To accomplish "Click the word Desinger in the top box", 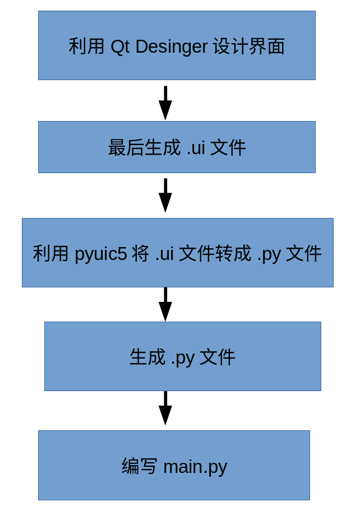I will pyautogui.click(x=172, y=47).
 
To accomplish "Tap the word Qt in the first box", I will pyautogui.click(x=120, y=47).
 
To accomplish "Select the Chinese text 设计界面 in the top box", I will pyautogui.click(x=249, y=47).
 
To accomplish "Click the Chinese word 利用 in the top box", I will pyautogui.click(x=86, y=47).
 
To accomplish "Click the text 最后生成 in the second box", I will pyautogui.click(x=144, y=148).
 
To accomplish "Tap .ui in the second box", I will pyautogui.click(x=195, y=148).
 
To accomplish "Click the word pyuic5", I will pyautogui.click(x=101, y=254).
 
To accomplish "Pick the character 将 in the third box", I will pyautogui.click(x=141, y=254).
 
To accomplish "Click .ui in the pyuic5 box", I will pyautogui.click(x=164, y=254).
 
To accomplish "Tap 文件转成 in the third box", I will pyautogui.click(x=215, y=254).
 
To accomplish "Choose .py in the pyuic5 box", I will pyautogui.click(x=269, y=254).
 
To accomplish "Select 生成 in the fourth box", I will pyautogui.click(x=147, y=357).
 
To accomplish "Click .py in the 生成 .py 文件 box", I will pyautogui.click(x=183, y=357).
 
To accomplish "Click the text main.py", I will pyautogui.click(x=195, y=467).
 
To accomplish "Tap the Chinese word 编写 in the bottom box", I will pyautogui.click(x=140, y=467).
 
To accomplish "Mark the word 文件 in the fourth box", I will pyautogui.click(x=218, y=357).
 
